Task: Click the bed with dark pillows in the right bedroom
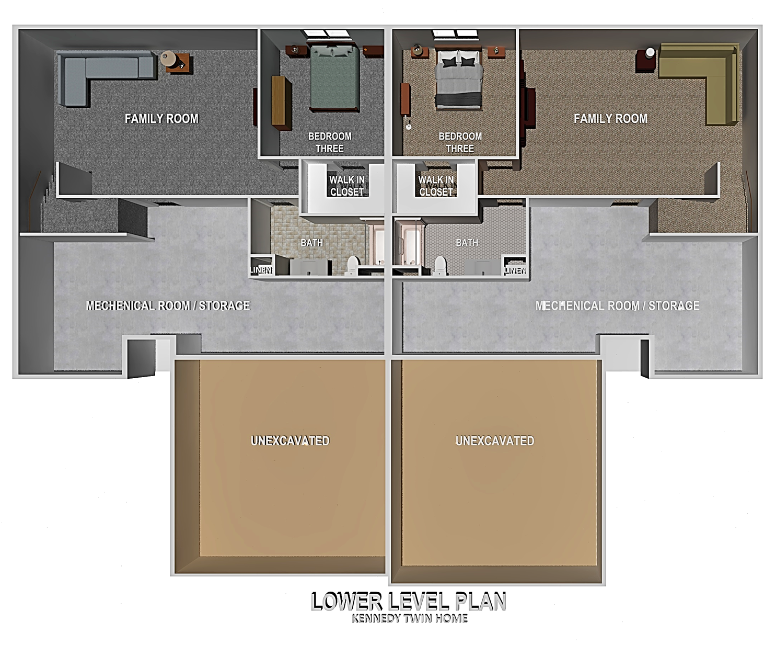coord(458,78)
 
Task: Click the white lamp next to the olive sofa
coord(650,53)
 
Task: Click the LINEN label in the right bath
coord(515,270)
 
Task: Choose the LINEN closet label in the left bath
coord(261,270)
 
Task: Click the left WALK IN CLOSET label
coord(347,186)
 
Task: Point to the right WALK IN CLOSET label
coord(436,186)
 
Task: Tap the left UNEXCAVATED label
coord(290,441)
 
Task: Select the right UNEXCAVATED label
coord(495,441)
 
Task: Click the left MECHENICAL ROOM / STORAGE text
coord(168,305)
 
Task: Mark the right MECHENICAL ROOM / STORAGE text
coord(617,305)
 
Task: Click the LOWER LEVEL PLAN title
coord(408,602)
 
